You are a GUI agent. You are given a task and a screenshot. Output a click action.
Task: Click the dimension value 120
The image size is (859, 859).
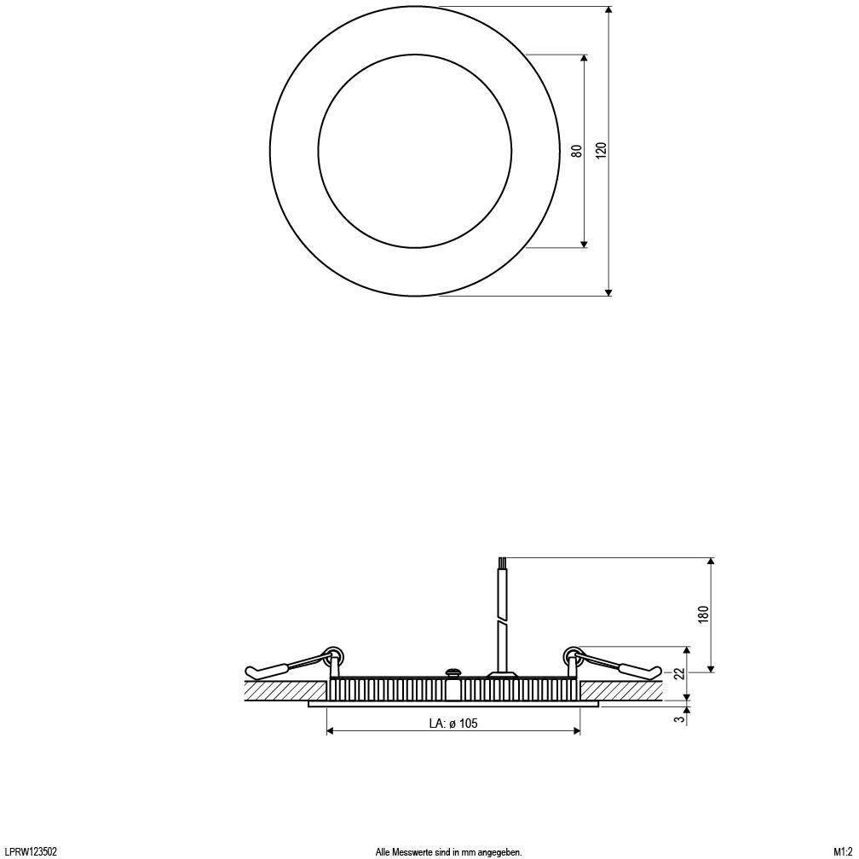[x=602, y=151]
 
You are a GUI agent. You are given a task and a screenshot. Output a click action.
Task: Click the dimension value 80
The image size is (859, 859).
[x=577, y=151]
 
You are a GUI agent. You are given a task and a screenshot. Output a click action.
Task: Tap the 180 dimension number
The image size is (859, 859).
[x=703, y=614]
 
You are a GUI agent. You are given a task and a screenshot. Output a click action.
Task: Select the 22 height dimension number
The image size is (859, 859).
[x=679, y=673]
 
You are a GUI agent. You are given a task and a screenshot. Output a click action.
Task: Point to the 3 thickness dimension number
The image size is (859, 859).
[x=679, y=718]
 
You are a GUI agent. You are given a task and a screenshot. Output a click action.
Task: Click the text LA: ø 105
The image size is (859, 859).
[x=453, y=724]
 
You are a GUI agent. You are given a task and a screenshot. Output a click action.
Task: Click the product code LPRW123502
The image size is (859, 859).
[x=31, y=851]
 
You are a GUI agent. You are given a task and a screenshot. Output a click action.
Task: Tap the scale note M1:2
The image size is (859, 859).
[x=843, y=851]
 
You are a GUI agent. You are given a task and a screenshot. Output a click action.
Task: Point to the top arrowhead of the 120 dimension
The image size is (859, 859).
[x=608, y=11]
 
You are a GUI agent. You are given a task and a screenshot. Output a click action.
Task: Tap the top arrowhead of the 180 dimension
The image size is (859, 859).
[x=711, y=562]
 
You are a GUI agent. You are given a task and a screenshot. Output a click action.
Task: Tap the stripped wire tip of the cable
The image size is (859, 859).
[x=502, y=562]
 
